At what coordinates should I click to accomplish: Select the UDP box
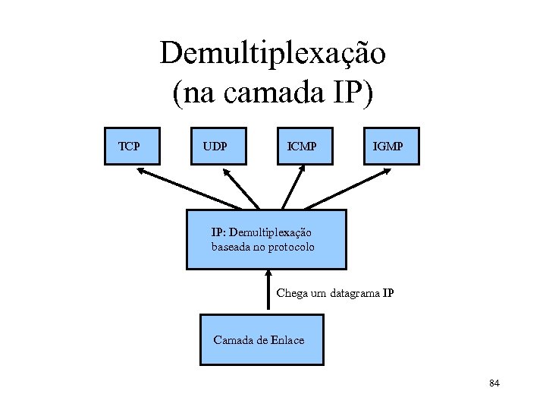217,146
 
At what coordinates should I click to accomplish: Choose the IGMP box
388,146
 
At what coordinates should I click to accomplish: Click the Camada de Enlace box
261,339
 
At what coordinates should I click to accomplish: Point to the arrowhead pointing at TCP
141,171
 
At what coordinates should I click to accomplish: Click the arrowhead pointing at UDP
229,172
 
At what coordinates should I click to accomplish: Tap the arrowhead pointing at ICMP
303,172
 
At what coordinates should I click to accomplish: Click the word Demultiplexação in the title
273,53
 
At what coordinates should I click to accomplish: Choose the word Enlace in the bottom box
287,340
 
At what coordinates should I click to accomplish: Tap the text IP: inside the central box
218,232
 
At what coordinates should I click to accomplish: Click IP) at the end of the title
355,93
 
